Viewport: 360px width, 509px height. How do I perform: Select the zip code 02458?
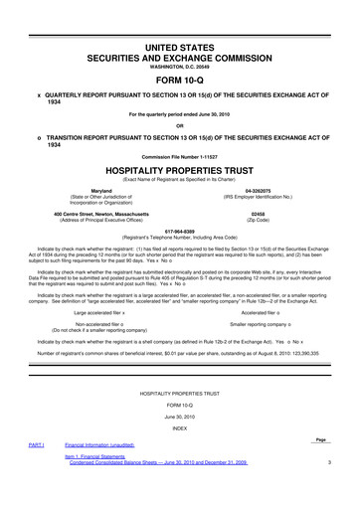(x=259, y=213)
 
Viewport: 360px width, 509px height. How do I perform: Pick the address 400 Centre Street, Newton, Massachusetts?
(x=101, y=213)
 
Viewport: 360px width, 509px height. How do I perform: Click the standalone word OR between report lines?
(x=180, y=124)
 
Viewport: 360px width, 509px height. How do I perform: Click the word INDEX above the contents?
(x=180, y=428)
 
